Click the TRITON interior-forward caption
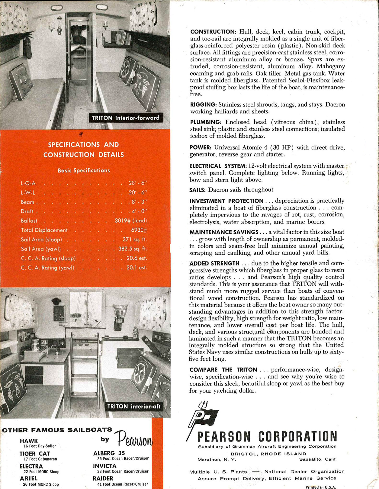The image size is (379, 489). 126,118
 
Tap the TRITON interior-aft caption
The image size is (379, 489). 134,407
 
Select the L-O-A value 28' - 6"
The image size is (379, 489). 138,183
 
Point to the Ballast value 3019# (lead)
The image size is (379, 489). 131,221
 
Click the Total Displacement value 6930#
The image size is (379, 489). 139,230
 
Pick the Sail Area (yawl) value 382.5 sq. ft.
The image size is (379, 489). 133,249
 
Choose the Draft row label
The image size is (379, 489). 27,211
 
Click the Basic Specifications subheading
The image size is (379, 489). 84,171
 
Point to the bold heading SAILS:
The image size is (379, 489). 198,190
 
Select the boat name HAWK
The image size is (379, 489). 29,441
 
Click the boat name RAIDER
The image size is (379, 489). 103,478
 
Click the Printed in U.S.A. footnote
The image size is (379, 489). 321,487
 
